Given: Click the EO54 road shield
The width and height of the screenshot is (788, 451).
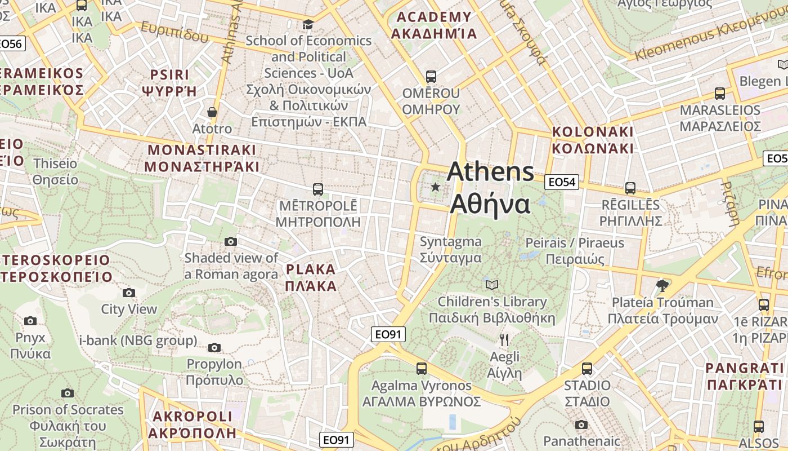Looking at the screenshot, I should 562,182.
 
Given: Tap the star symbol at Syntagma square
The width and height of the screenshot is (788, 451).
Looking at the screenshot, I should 435,187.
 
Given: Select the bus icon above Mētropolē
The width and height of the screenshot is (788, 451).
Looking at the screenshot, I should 318,189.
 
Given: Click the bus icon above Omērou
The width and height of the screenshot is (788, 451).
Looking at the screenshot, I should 431,76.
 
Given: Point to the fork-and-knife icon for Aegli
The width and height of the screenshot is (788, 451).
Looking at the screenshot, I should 504,339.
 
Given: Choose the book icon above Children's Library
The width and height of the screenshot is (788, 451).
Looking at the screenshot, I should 492,285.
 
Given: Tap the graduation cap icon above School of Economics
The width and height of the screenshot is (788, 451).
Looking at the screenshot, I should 308,24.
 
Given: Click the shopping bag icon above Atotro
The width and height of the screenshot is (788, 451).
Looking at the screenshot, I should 212,112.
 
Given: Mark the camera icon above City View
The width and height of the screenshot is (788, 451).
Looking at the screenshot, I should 129,293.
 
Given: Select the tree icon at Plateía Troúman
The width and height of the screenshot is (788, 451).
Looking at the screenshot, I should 662,285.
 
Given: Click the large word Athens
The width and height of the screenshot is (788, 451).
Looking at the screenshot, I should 490,172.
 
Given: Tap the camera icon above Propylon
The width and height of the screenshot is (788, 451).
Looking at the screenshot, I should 214,347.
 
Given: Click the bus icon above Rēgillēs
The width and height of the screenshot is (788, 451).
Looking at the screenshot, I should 630,188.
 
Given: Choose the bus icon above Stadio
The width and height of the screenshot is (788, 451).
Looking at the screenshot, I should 587,369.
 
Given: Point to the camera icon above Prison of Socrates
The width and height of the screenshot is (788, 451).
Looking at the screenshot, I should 68,393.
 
